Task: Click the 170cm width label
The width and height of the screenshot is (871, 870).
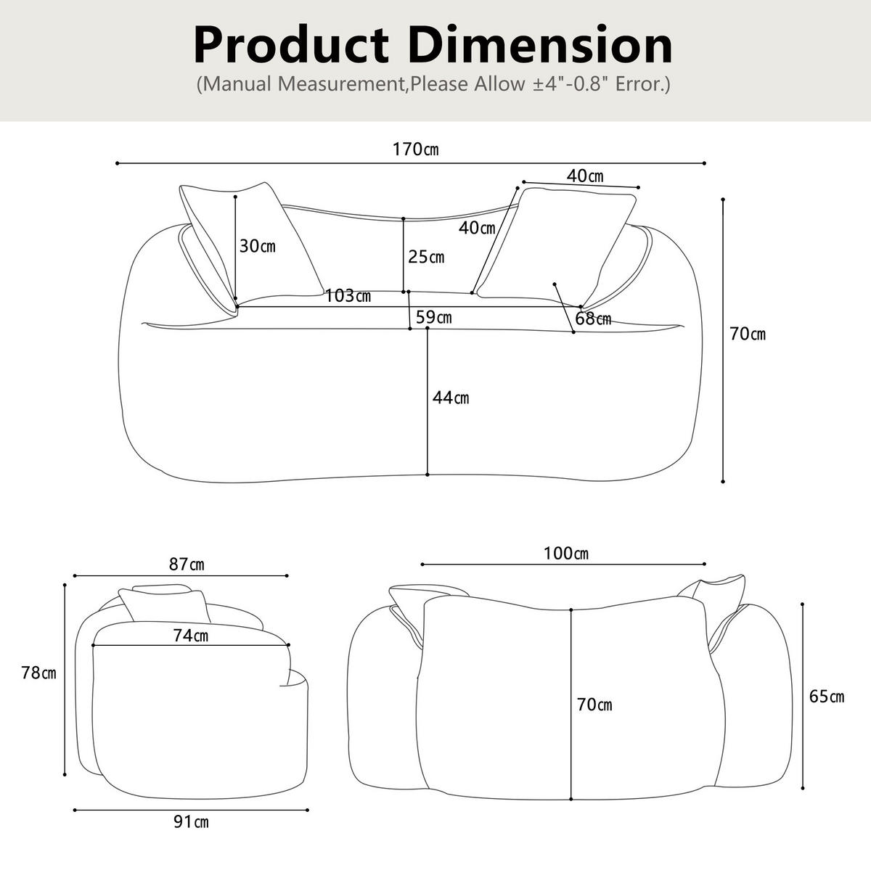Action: click(415, 149)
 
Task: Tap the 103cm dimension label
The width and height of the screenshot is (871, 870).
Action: click(348, 296)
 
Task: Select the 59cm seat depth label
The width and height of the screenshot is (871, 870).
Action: click(433, 317)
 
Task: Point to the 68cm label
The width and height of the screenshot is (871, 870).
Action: click(593, 319)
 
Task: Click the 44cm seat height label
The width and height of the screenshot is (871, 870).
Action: click(451, 398)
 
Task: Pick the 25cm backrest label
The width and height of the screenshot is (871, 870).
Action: click(426, 257)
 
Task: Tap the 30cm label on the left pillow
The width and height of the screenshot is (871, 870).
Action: click(257, 246)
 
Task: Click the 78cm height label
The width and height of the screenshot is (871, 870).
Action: click(39, 673)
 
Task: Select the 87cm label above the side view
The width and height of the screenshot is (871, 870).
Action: click(187, 565)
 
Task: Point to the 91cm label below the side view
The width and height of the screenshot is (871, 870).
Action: click(191, 822)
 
